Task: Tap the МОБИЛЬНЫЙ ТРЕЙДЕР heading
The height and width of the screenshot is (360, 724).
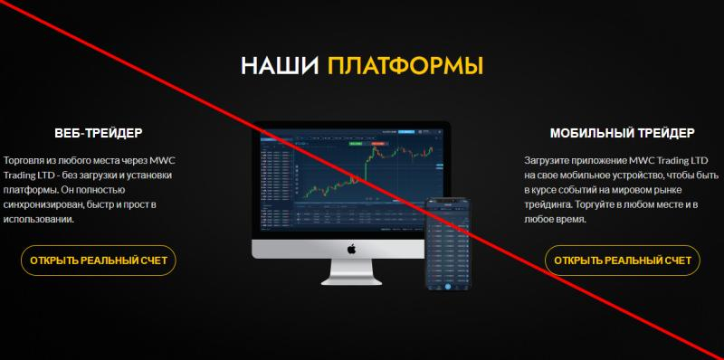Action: pyautogui.click(x=623, y=133)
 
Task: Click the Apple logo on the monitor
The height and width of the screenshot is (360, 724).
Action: pyautogui.click(x=351, y=249)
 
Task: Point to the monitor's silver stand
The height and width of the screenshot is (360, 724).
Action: pyautogui.click(x=351, y=271)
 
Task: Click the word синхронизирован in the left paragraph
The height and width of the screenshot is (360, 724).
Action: pyautogui.click(x=44, y=204)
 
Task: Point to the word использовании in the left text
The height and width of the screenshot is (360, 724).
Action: pyautogui.click(x=42, y=220)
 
